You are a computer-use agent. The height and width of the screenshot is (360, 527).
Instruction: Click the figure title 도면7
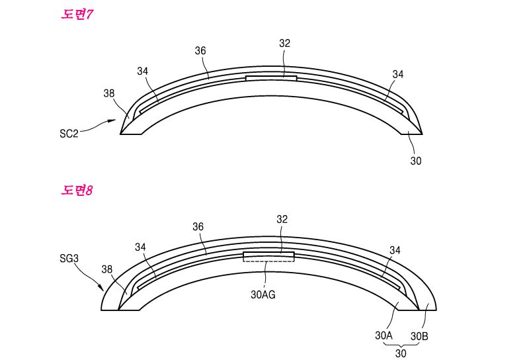[x=76, y=14]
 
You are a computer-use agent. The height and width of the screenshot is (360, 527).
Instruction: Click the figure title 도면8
[x=76, y=191]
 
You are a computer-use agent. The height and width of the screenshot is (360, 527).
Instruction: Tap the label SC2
[x=69, y=134]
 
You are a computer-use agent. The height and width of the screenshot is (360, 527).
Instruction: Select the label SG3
[x=69, y=258]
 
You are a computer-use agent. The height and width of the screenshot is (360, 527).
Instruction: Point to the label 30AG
[x=263, y=294]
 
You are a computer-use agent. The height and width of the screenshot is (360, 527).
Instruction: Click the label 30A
[x=384, y=336]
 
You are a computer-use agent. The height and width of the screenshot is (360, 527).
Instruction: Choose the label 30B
[x=419, y=336]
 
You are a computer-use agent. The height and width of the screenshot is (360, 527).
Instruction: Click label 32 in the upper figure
[x=284, y=44]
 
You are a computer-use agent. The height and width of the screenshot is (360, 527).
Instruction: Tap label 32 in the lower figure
[x=282, y=219]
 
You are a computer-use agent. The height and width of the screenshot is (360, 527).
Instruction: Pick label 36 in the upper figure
[x=200, y=51]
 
